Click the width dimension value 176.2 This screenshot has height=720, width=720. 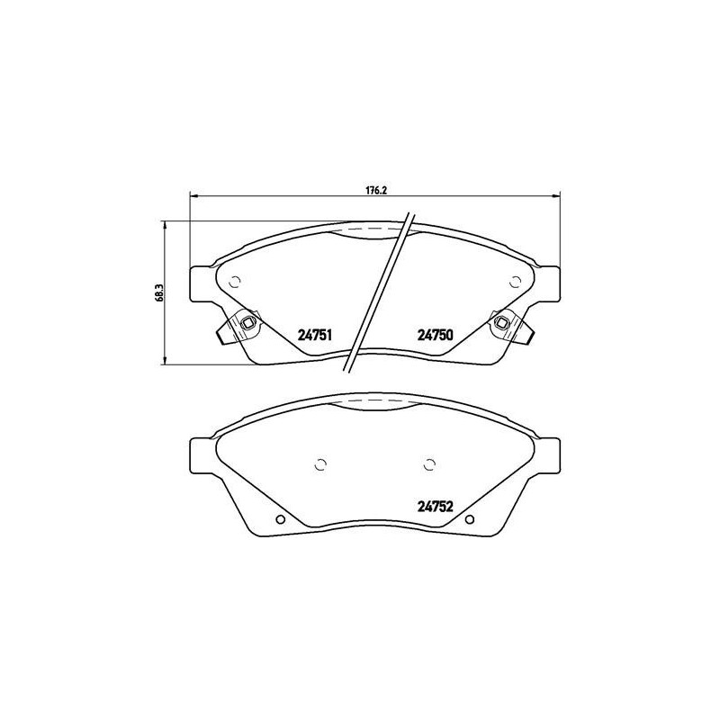point(374,189)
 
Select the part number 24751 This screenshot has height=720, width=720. point(316,335)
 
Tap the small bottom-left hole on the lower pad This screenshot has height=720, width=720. point(280,519)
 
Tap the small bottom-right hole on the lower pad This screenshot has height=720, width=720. point(469,519)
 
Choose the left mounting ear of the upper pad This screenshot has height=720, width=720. point(202,283)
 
